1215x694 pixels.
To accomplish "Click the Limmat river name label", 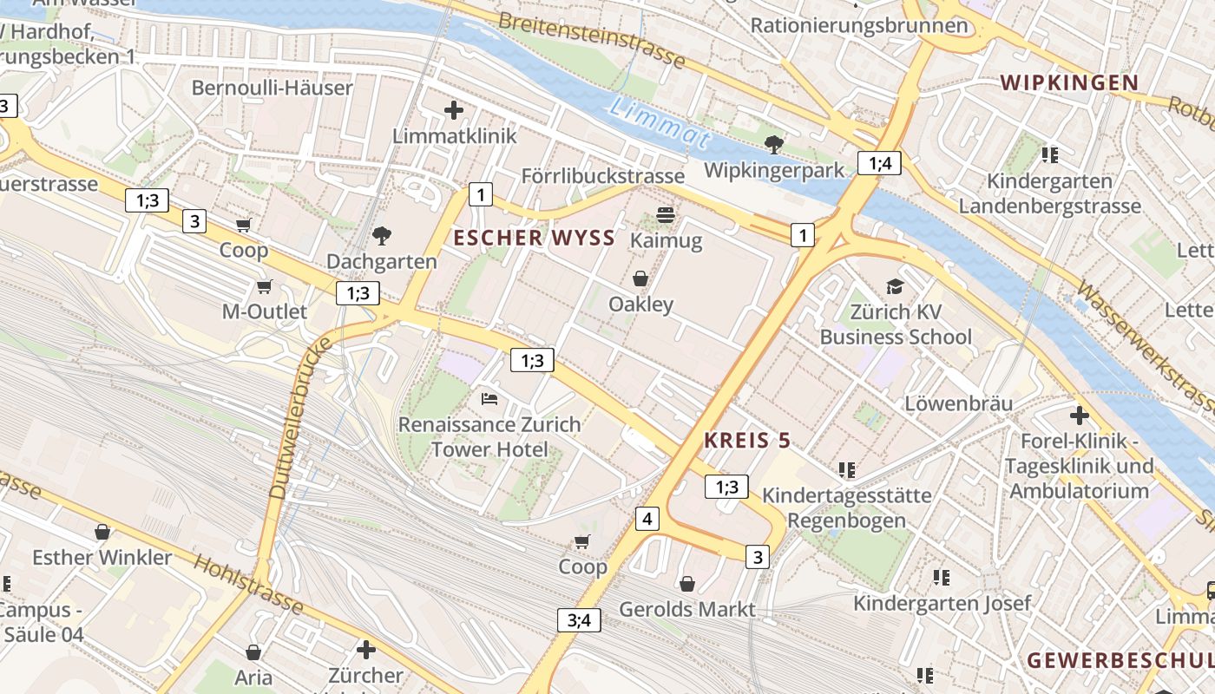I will pos(660,122).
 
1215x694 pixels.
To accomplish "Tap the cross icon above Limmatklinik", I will pos(453,110).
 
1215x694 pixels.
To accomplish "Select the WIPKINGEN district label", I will pos(1068,83).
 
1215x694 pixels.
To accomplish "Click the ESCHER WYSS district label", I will pos(535,239).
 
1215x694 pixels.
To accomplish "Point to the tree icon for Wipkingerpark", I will pos(773,145).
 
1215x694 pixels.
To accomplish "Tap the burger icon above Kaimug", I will pos(666,214).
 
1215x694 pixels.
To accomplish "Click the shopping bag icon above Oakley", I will pos(640,278).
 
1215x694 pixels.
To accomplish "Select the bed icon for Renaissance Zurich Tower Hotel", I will pos(489,399).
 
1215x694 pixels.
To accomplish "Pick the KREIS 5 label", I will pos(747,441).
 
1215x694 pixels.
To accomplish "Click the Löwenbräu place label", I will pos(958,403).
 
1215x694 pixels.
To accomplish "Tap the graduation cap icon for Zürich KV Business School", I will pos(894,286).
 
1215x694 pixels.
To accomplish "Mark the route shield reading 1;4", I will pos(880,162).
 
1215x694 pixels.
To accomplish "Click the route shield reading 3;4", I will pos(579,619).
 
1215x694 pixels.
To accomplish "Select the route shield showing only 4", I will pos(647,519).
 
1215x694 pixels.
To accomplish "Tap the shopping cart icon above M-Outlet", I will pos(265,286).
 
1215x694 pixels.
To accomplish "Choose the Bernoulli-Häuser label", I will pos(272,88).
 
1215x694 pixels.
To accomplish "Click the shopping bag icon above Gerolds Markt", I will pos(687,584).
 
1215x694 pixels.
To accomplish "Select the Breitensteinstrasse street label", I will pos(592,41).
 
